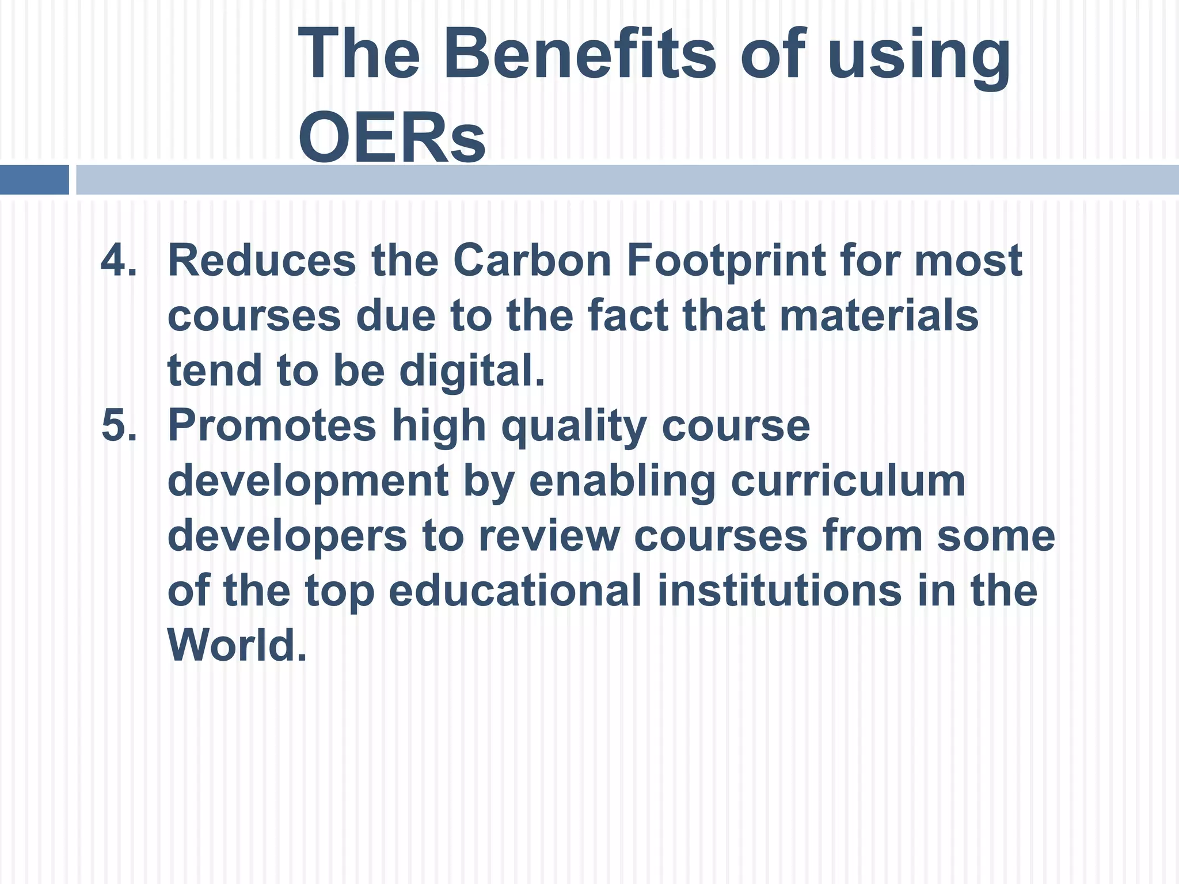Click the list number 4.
[119, 260]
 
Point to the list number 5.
[119, 426]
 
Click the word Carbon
[532, 260]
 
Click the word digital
[471, 372]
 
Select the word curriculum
[847, 481]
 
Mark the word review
[549, 536]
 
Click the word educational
[515, 591]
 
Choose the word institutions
[779, 591]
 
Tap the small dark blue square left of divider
[34, 180]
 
